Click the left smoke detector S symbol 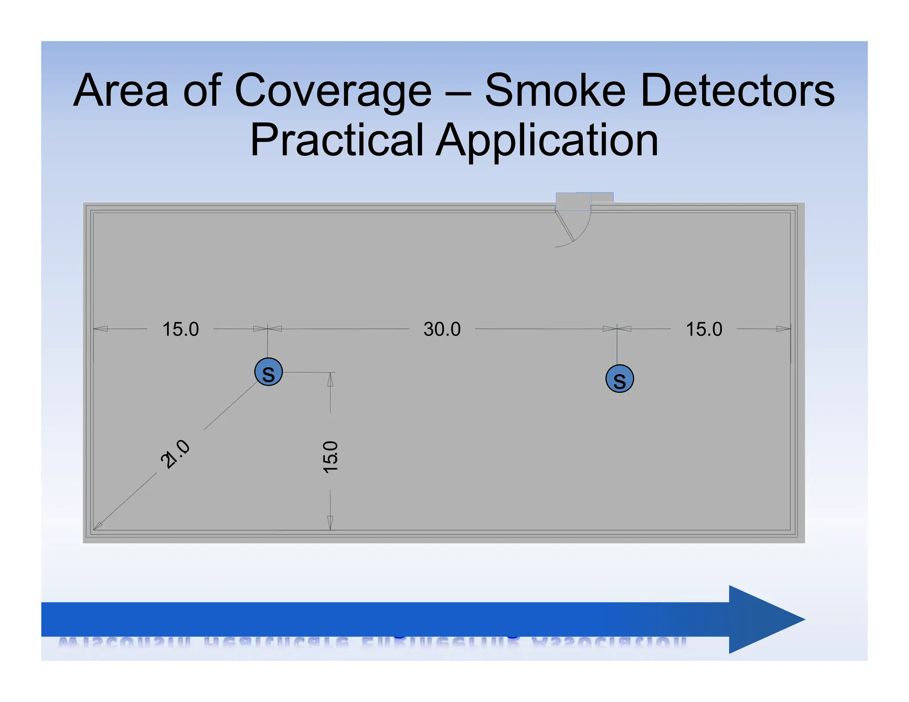click(269, 372)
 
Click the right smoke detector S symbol click(620, 379)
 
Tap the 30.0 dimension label click(442, 329)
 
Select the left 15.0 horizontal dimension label click(181, 329)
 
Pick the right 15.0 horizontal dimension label click(704, 329)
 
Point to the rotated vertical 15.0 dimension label click(331, 457)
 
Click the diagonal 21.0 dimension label click(175, 454)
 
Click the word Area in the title click(121, 91)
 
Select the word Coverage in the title click(333, 91)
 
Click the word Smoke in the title click(555, 91)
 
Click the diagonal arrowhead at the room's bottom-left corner click(98, 526)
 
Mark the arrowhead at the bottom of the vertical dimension click(330, 523)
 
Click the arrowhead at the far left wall click(101, 329)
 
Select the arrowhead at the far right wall click(783, 329)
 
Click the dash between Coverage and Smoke click(458, 93)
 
